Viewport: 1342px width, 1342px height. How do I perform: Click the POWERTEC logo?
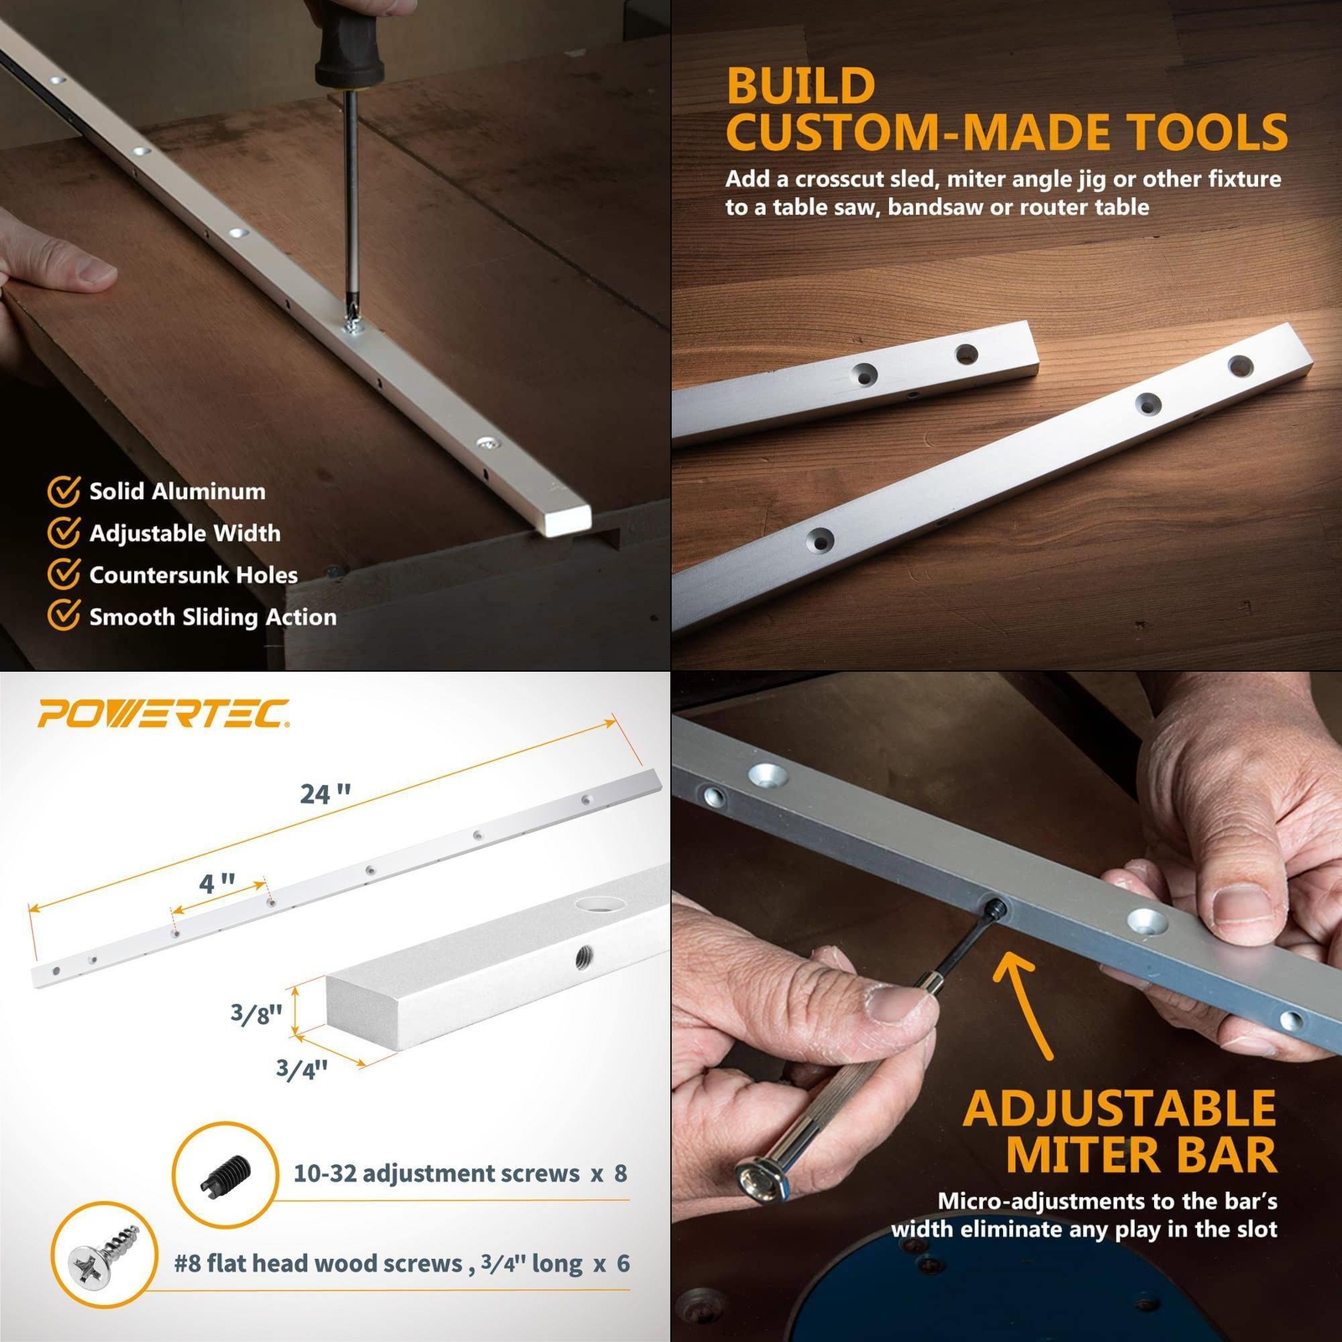(x=164, y=714)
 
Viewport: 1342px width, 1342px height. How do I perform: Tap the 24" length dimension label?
(x=325, y=793)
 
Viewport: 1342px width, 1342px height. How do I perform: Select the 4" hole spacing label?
(x=216, y=883)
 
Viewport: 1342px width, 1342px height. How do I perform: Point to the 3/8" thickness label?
(x=256, y=1013)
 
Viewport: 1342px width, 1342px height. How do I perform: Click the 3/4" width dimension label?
(x=302, y=1069)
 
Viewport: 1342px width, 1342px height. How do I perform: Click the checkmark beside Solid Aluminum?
(x=64, y=492)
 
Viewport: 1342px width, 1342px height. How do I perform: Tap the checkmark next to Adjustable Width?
(x=64, y=533)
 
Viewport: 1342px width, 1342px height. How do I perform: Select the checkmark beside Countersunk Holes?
(x=64, y=575)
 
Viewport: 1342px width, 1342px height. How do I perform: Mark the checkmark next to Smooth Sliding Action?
(x=64, y=616)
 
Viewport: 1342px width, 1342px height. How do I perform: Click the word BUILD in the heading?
(x=801, y=86)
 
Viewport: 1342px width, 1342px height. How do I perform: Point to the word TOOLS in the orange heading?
(x=1206, y=132)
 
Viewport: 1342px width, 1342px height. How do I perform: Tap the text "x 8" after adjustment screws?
(x=609, y=1173)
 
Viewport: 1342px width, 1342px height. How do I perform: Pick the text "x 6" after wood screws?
(x=611, y=1263)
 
